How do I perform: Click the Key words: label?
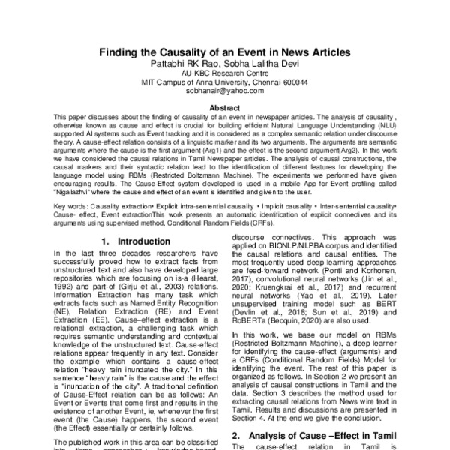tap(73, 205)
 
